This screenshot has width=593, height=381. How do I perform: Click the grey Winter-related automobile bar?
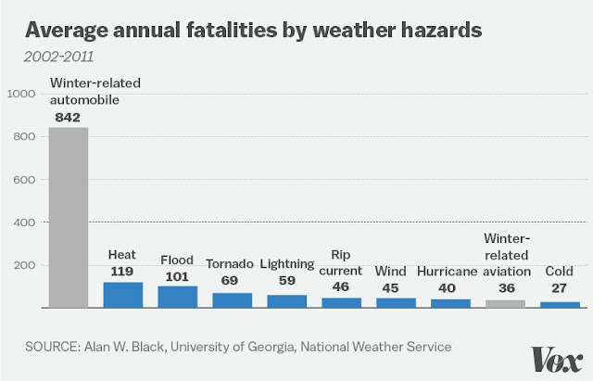(68, 218)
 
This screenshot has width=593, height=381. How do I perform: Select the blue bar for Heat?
(122, 295)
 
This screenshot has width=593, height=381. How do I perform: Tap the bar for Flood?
(177, 297)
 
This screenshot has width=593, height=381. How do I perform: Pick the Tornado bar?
(232, 300)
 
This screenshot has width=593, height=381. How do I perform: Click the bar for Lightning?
(286, 301)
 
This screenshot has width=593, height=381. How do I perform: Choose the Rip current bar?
(341, 302)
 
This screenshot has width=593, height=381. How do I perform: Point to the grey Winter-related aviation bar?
(505, 303)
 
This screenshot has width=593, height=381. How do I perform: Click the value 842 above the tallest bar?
(68, 118)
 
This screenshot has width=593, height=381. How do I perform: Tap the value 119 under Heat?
(122, 272)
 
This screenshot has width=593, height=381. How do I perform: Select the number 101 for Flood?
(177, 275)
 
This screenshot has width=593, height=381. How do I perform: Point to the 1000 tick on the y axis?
(20, 94)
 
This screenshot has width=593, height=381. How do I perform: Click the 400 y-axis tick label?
(24, 222)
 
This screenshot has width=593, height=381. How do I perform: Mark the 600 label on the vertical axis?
(24, 180)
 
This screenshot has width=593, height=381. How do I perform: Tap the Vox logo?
(556, 358)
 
